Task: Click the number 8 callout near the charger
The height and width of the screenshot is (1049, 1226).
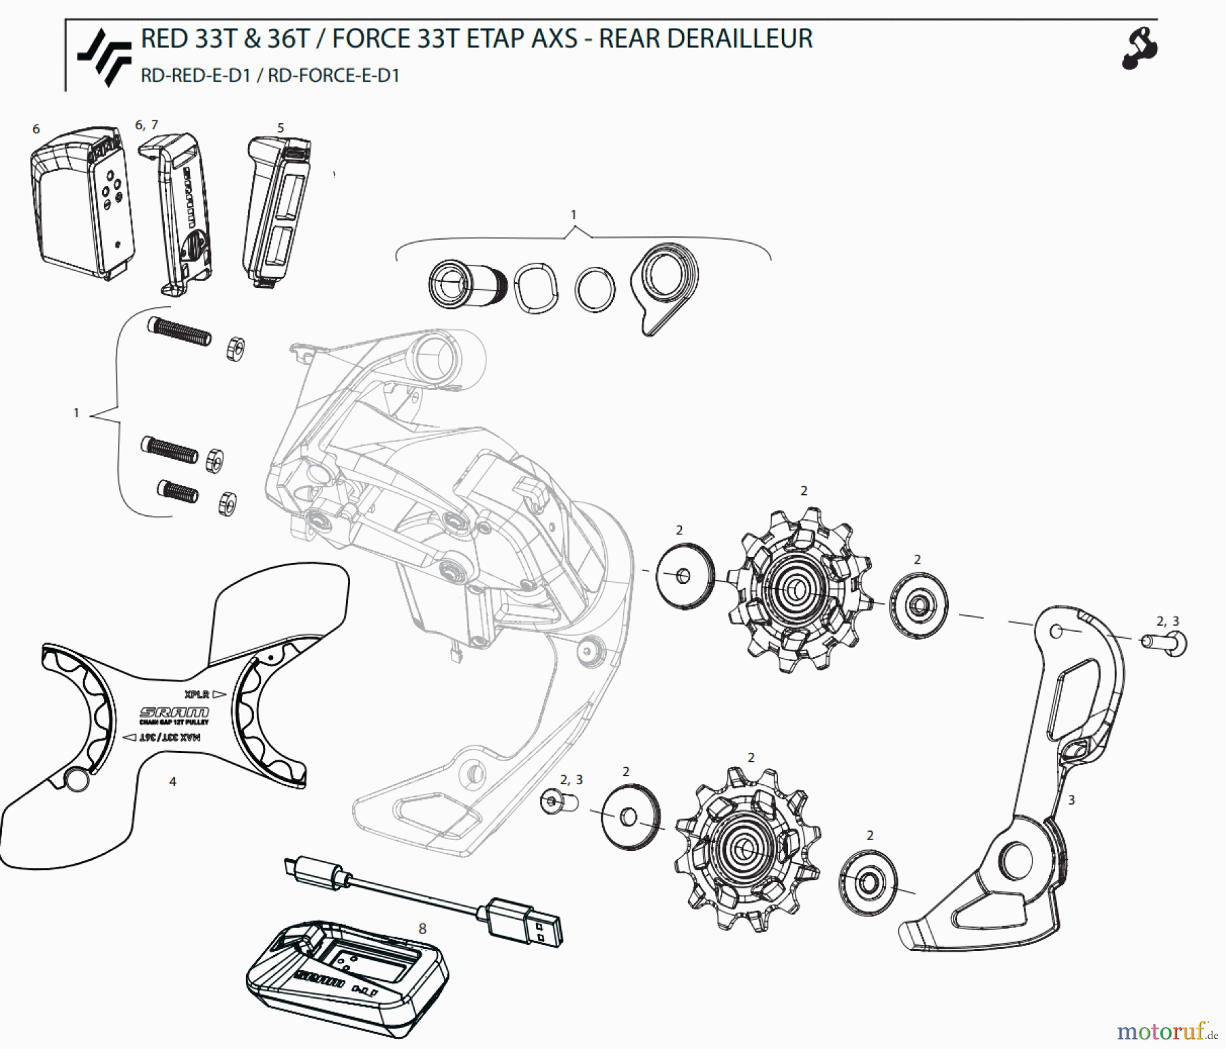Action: point(422,929)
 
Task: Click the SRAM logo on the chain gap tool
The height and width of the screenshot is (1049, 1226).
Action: point(174,712)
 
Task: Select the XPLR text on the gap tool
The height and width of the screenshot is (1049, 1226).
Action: point(197,694)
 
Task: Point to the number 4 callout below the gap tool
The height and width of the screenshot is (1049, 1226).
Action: point(172,781)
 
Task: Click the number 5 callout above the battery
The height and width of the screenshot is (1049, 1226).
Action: point(281,128)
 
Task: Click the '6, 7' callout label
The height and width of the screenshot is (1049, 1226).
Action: point(146,125)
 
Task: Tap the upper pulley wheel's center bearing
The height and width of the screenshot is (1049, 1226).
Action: point(794,590)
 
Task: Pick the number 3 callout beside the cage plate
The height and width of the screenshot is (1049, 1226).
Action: point(1071,800)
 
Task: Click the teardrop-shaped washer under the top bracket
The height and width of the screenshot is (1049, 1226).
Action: point(665,285)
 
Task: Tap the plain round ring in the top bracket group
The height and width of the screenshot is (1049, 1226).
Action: point(595,289)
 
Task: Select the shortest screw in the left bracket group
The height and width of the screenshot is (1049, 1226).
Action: point(178,491)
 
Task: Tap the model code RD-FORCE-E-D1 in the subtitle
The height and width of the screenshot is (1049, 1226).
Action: point(333,76)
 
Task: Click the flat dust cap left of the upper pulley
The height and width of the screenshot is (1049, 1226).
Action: point(685,576)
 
